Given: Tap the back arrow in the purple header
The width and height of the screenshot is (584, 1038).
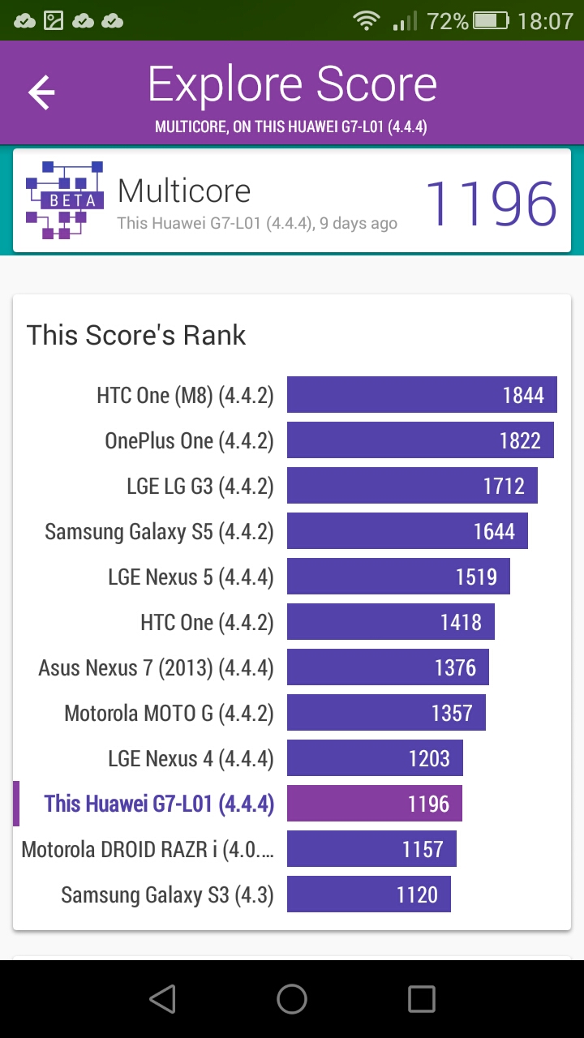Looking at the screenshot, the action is click(41, 92).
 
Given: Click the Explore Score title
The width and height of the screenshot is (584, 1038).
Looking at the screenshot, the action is click(293, 85).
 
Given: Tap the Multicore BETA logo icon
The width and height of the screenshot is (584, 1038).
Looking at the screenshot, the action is click(64, 199).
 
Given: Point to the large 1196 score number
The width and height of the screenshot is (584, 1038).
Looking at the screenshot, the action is click(491, 204).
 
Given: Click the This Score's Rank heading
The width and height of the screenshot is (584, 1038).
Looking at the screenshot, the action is click(136, 335).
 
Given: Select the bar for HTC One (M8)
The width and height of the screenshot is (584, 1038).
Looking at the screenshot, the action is click(422, 394).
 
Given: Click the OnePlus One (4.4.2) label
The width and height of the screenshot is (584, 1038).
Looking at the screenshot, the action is click(189, 440).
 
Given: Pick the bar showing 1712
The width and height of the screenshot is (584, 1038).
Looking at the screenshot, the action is click(412, 485).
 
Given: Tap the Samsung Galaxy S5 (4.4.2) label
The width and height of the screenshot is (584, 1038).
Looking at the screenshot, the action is click(159, 531).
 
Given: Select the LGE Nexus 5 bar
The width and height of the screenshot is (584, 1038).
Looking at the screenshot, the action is click(398, 576).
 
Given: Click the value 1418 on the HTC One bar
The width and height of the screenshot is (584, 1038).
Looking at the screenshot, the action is click(461, 622).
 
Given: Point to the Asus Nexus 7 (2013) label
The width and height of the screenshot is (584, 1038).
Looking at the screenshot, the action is click(157, 667).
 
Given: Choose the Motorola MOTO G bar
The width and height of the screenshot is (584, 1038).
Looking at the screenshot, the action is click(387, 712).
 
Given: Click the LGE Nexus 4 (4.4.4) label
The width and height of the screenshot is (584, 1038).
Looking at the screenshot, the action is click(191, 758).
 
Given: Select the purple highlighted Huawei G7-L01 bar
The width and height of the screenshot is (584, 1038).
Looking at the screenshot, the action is click(375, 803).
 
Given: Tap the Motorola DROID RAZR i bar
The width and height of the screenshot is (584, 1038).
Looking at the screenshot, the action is click(371, 848).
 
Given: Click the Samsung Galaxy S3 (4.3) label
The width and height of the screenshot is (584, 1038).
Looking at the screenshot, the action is click(167, 894).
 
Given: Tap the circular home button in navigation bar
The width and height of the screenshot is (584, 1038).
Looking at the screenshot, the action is click(292, 998).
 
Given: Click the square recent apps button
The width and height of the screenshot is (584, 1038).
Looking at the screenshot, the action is click(422, 998).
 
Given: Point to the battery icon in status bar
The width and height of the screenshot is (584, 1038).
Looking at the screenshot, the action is click(491, 21).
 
